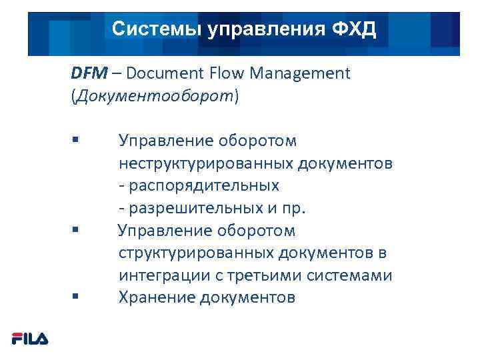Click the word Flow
coord(225,73)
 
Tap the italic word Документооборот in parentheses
coord(155,96)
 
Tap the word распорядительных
coord(203,185)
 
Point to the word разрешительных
coord(198,208)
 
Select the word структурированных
coord(199,253)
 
